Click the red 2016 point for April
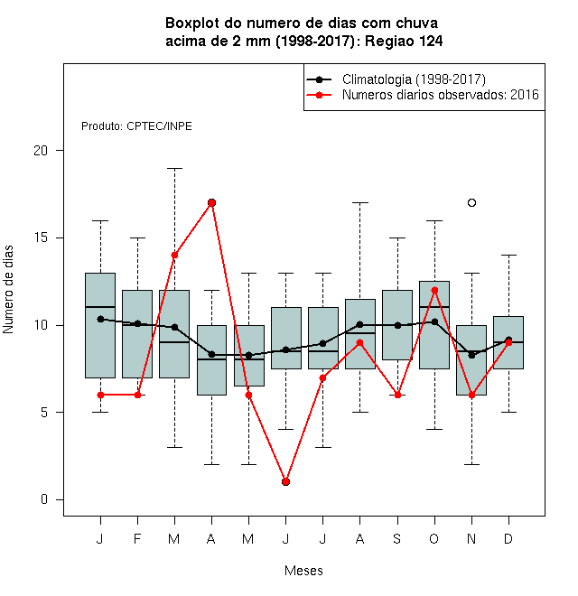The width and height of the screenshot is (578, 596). pos(212,202)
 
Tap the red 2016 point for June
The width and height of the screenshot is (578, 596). pos(286,481)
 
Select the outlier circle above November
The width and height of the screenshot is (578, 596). pos(472,202)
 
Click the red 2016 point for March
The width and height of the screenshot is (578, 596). pos(174,255)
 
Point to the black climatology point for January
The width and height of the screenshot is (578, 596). pos(100,319)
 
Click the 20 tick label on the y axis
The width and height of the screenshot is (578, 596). pos(41,151)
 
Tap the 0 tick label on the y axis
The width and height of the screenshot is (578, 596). pos(44,499)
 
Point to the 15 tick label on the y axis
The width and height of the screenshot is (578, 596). pos(41,237)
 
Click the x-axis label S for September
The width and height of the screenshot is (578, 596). pos(397,538)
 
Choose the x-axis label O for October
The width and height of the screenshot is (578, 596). pos(433,538)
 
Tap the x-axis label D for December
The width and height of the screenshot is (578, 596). pos(508,538)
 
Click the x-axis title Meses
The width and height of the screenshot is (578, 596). pos(303,571)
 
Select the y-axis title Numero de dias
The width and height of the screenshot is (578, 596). pos(8,290)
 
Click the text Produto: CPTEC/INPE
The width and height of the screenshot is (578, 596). pos(136,126)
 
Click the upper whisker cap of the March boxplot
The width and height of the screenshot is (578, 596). pos(174,168)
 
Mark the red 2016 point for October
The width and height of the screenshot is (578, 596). pos(434,291)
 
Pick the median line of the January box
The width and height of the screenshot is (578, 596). pos(100,307)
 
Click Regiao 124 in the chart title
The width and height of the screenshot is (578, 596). pos(404,41)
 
